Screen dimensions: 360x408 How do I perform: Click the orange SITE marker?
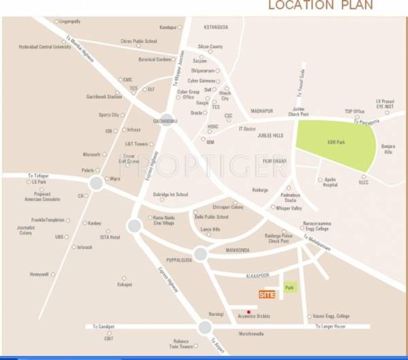point(267,294)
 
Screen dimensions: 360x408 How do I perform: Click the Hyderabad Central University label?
point(44,47)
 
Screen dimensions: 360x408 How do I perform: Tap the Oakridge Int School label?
point(171,194)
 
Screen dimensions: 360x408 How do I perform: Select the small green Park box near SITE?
point(290,288)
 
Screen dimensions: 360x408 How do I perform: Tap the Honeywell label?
point(39,274)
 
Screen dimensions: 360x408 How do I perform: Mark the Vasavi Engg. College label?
point(330,316)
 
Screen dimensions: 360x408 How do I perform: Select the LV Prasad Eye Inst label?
point(385,103)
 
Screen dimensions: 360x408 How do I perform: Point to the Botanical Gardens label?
point(155,59)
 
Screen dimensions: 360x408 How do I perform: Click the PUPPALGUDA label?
point(179,260)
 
